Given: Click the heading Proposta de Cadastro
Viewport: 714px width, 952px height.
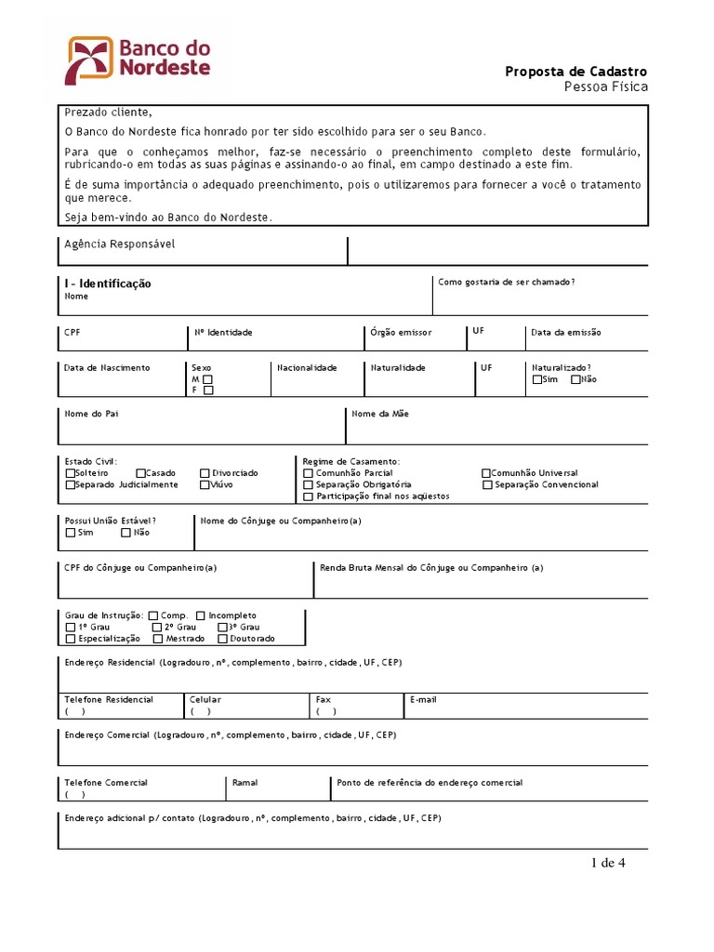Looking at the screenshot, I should (575, 72).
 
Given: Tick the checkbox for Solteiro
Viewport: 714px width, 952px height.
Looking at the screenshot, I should (70, 473).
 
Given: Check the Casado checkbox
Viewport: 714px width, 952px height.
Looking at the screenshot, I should (140, 473).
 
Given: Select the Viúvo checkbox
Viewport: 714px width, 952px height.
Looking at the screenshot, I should (205, 484).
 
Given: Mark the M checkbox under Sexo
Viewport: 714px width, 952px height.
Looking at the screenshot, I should (208, 379).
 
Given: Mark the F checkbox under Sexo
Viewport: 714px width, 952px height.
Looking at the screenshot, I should (208, 390).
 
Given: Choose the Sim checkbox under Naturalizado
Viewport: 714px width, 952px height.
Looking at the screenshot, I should (537, 379).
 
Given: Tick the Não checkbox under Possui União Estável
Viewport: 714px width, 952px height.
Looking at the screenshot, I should (126, 533).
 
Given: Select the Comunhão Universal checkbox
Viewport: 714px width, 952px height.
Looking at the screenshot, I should (485, 473).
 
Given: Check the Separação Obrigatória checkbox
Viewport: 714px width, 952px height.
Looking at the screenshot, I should (308, 484).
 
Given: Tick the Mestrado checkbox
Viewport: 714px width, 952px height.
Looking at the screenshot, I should (158, 639).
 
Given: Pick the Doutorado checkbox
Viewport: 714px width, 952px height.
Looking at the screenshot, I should (222, 639).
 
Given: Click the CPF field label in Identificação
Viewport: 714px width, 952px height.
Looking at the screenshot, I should (73, 332).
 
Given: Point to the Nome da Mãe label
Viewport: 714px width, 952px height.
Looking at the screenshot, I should (380, 414).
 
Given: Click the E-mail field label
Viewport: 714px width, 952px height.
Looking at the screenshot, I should (423, 699).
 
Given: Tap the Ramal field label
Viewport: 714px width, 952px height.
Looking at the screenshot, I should (245, 783).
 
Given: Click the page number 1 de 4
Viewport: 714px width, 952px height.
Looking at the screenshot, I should (608, 863).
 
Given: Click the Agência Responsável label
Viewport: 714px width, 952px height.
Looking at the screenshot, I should (119, 245).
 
